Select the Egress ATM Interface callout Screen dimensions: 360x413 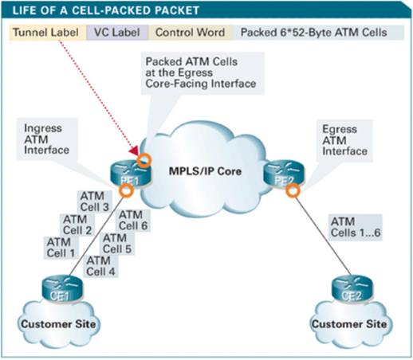click(346, 139)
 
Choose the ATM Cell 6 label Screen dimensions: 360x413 click(132, 220)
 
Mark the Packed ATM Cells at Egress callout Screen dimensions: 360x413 click(202, 74)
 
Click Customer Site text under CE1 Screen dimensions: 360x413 click(59, 324)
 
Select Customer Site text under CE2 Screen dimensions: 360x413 click(351, 324)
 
